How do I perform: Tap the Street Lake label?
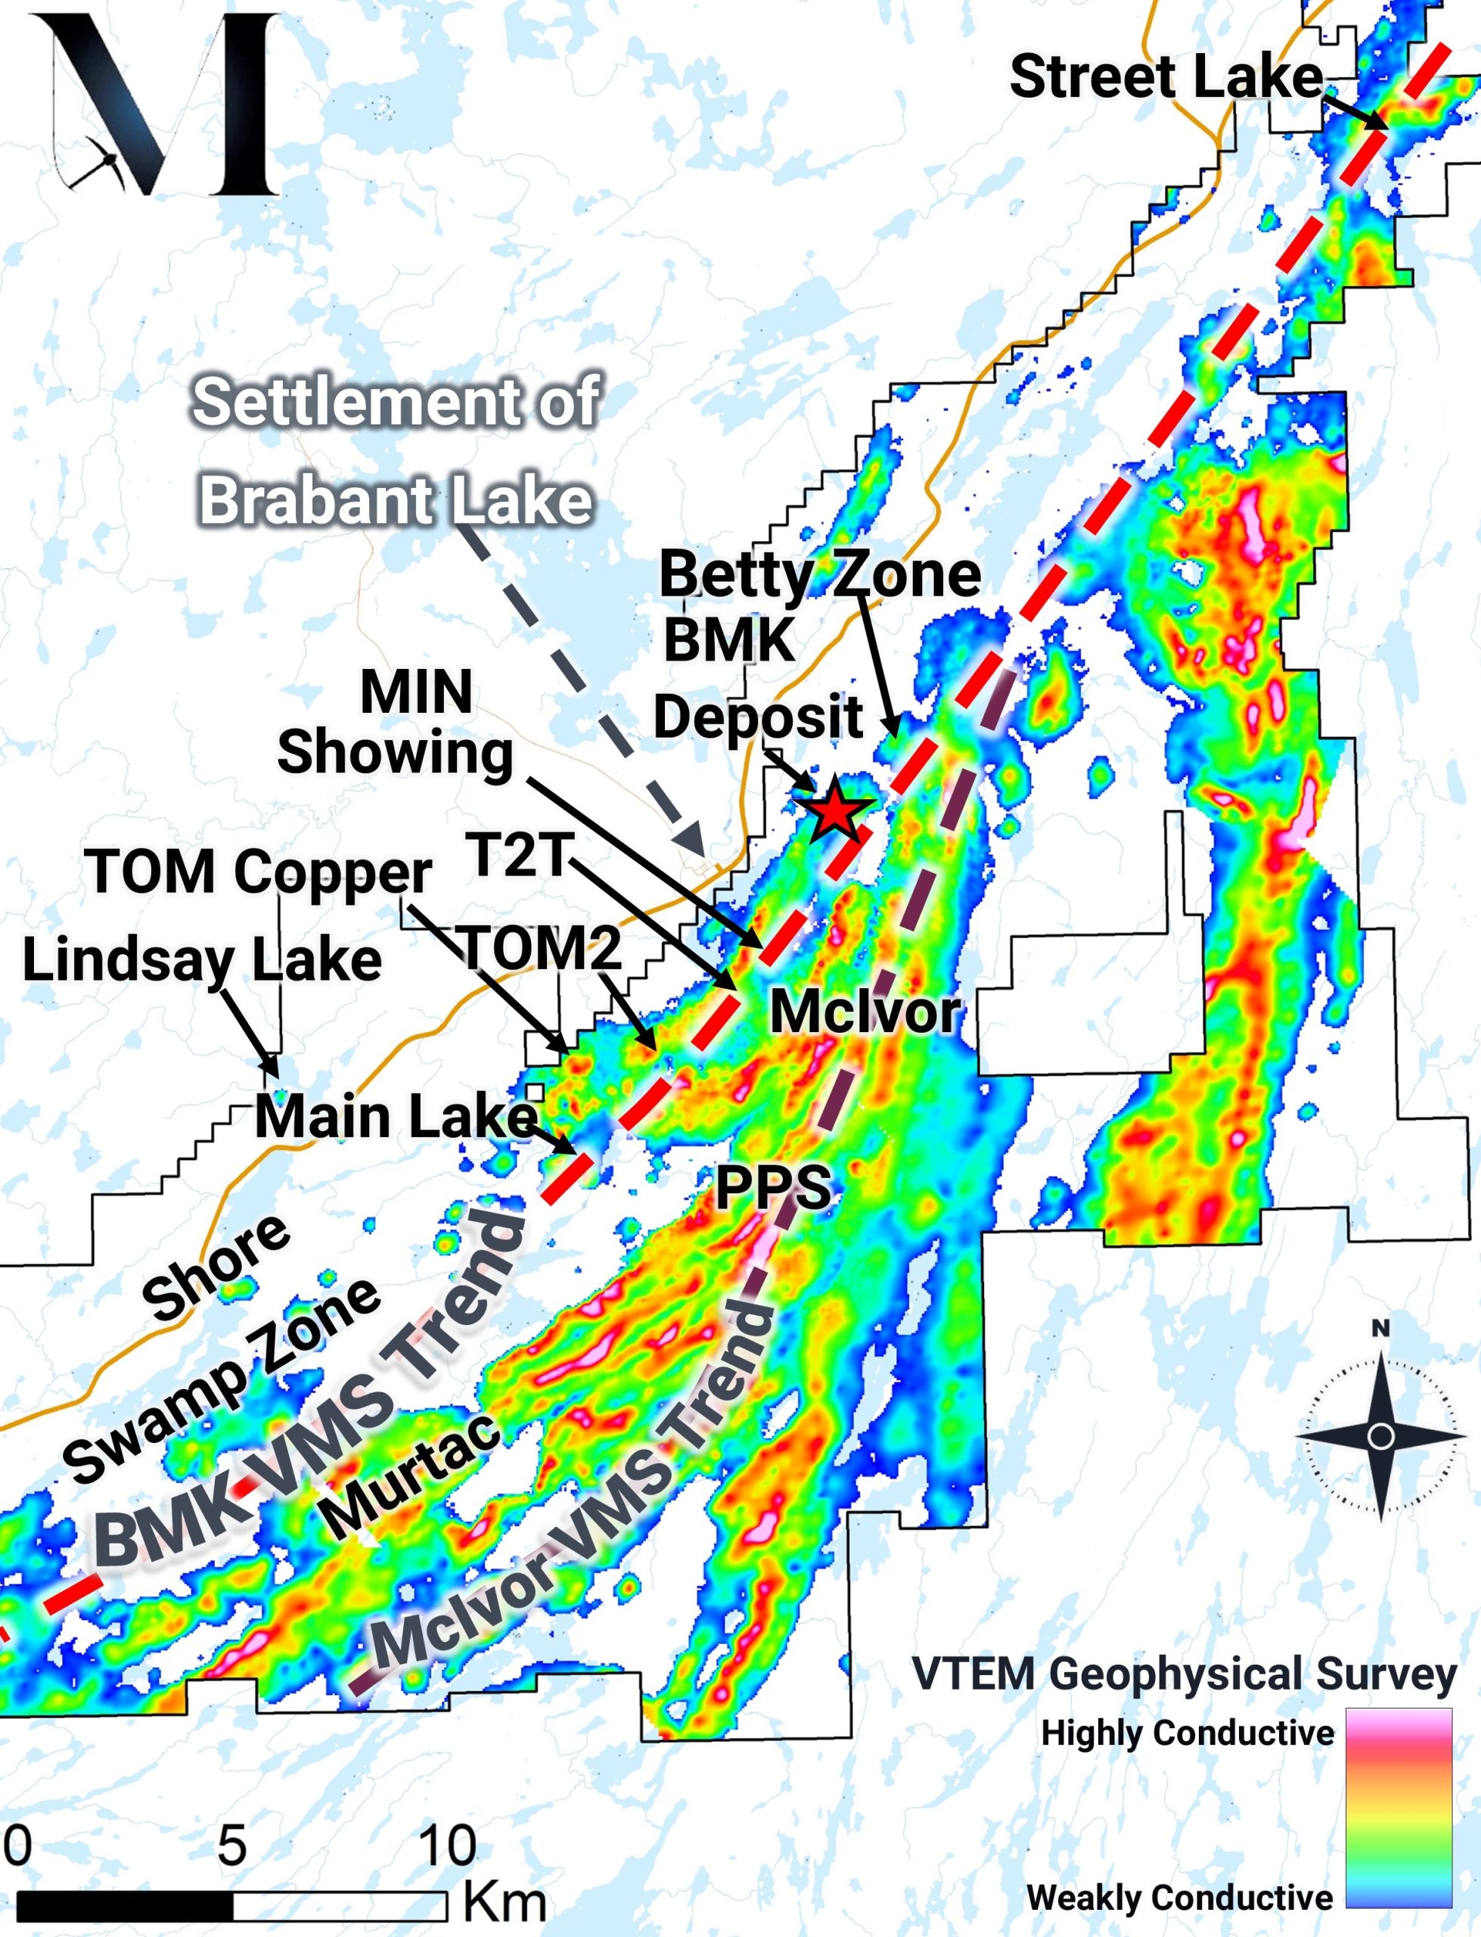click(x=1166, y=76)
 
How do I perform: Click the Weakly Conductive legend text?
click(x=1179, y=1895)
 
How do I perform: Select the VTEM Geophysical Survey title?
click(x=1184, y=1674)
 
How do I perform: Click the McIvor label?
click(x=864, y=1012)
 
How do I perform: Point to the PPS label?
click(x=772, y=1186)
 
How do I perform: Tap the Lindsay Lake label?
click(x=202, y=959)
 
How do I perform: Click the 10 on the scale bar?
click(x=447, y=1845)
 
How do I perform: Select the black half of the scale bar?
click(x=124, y=1906)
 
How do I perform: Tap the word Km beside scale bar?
click(x=505, y=1901)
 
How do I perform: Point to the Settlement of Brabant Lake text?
click(x=396, y=450)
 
